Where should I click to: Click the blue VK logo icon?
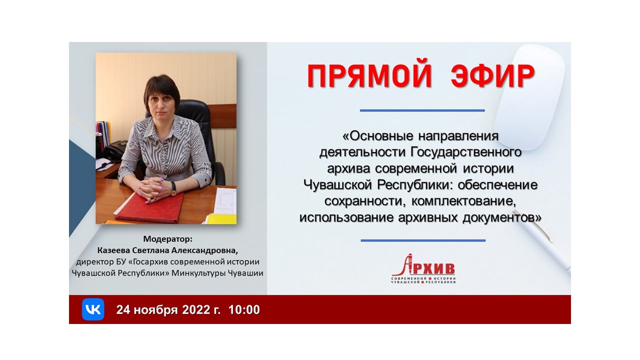[x=93, y=309]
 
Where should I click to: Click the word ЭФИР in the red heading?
[x=492, y=76]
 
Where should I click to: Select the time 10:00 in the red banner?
[x=244, y=309]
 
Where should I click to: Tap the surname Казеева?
[x=113, y=250]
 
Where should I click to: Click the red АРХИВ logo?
[x=423, y=268]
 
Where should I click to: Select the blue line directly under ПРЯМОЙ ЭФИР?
[x=422, y=110]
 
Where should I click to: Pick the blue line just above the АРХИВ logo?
[x=423, y=240]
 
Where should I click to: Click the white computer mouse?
[x=529, y=97]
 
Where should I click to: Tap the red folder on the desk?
[x=150, y=208]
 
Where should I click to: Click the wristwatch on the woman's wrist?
[x=173, y=189]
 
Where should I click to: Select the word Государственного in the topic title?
[x=466, y=152]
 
